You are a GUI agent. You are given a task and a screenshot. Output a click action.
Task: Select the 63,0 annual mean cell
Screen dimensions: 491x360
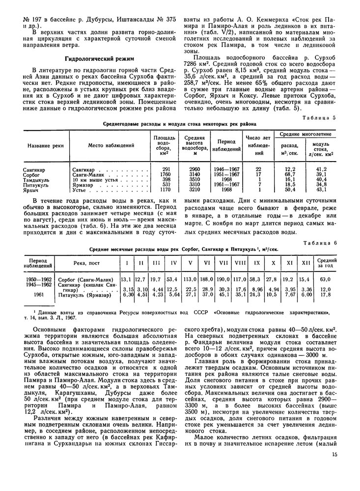tap(325, 279)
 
